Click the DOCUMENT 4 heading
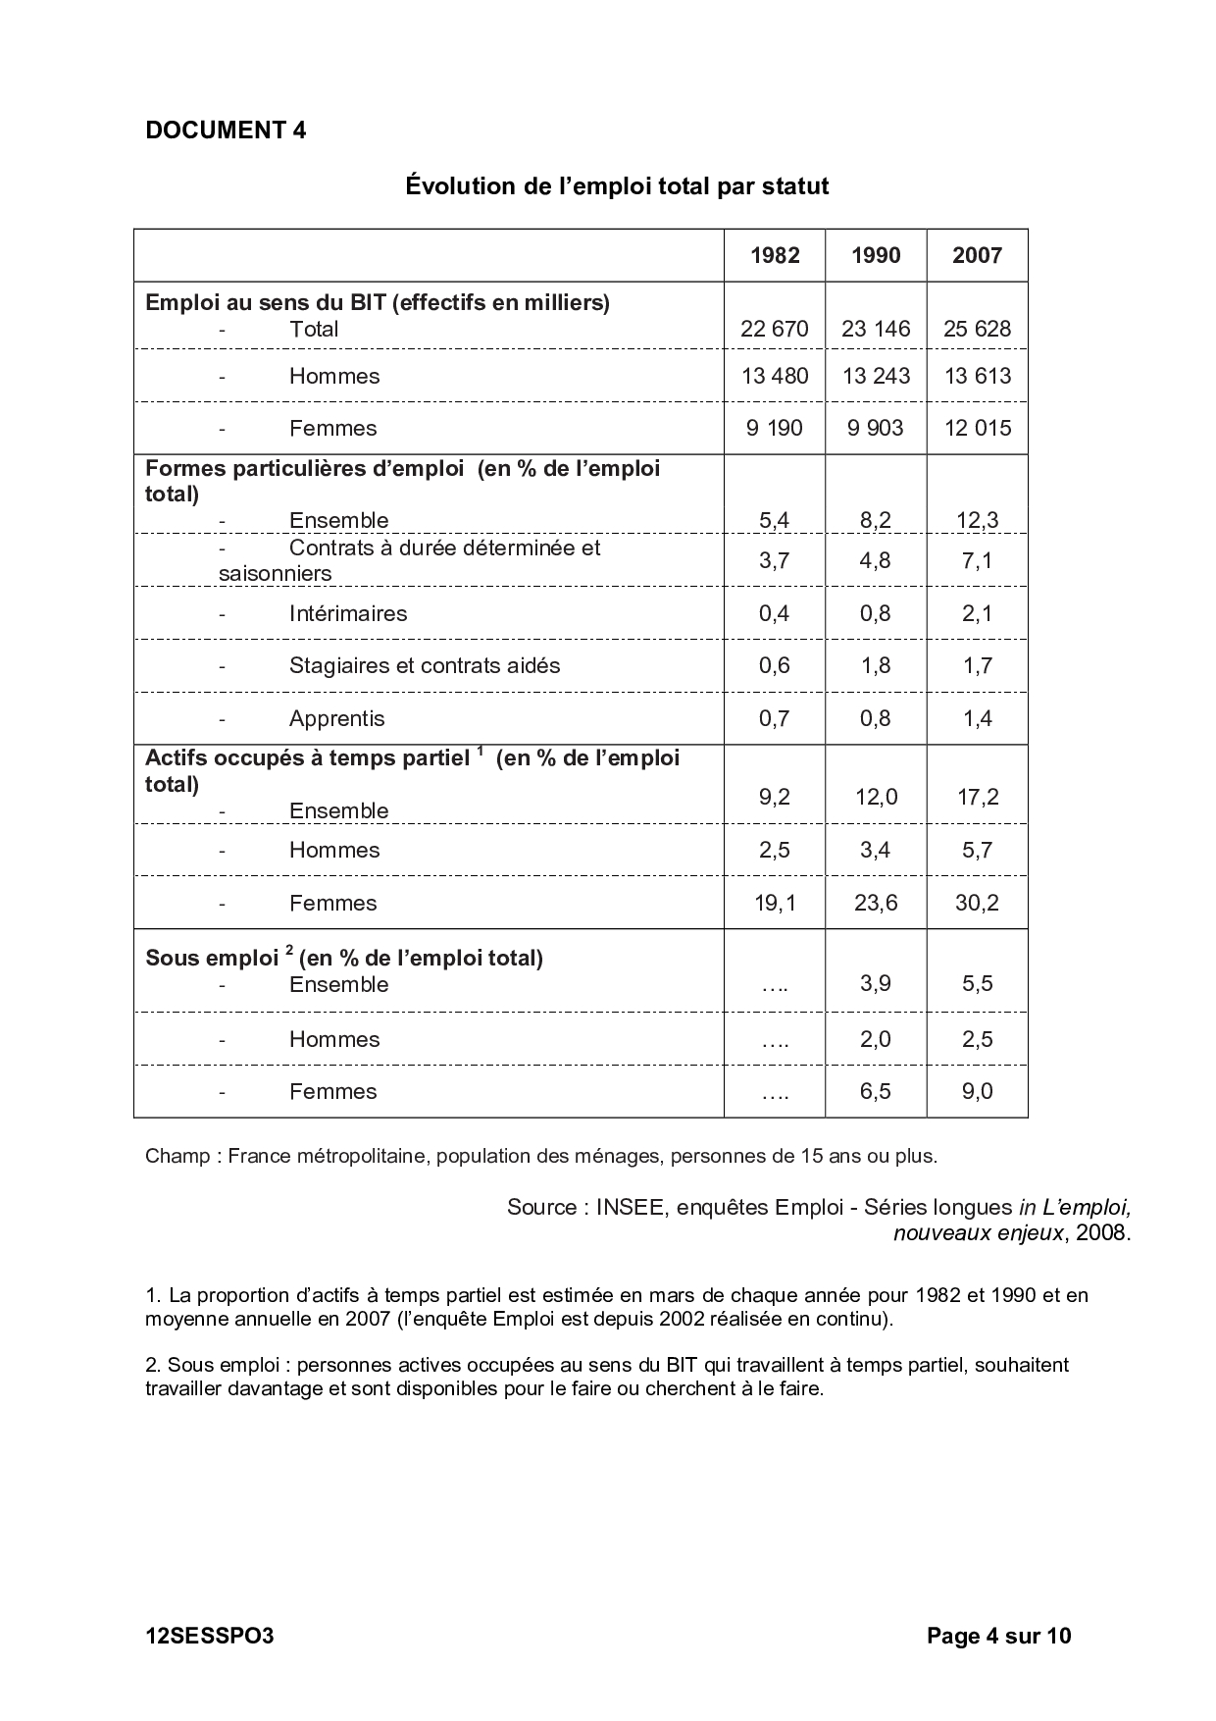point(226,130)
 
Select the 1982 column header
point(775,256)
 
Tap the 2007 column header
point(977,256)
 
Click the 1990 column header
point(876,256)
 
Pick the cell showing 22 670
point(775,329)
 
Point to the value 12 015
point(977,428)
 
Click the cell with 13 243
point(876,376)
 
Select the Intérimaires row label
point(348,613)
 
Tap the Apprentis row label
point(336,718)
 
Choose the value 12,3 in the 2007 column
point(977,520)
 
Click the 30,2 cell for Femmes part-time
point(977,903)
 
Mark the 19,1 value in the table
point(775,903)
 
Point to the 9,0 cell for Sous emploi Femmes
point(977,1091)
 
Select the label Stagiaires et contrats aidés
point(425,665)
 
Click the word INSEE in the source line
point(628,1207)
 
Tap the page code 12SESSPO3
point(209,1636)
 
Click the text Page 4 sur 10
point(998,1636)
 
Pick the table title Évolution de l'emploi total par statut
point(617,185)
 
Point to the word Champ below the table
point(177,1156)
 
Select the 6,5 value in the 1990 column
point(876,1091)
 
